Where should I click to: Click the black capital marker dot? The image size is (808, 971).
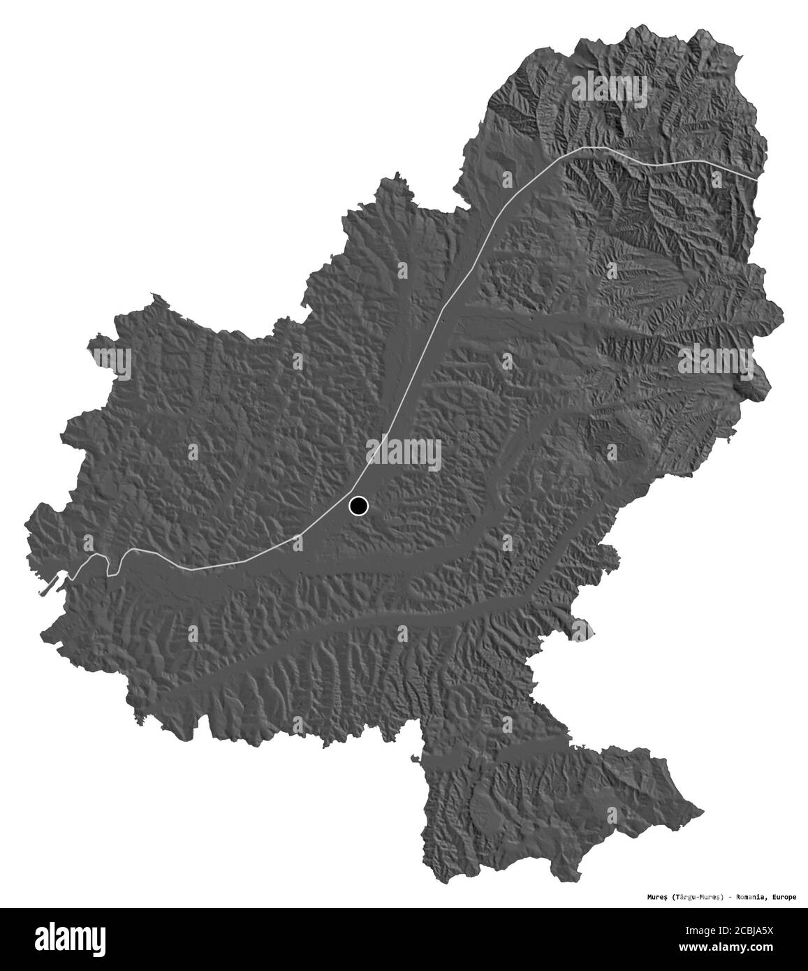pyautogui.click(x=359, y=505)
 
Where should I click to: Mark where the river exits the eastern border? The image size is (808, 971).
pyautogui.click(x=757, y=180)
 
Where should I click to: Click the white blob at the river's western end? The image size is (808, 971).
pyautogui.click(x=72, y=576)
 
